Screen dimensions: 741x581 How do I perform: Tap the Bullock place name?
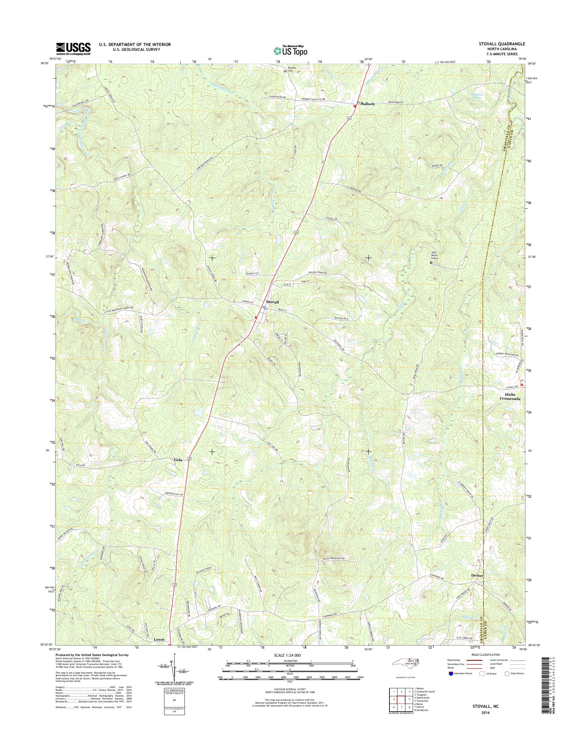tap(367, 104)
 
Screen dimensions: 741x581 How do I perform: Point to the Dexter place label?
tap(477, 575)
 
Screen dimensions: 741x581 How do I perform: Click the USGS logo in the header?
tap(73, 49)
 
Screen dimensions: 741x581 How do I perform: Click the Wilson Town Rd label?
tap(317, 273)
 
